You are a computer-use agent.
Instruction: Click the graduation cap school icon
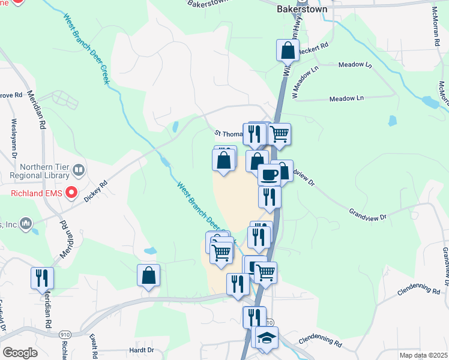pyautogui.click(x=267, y=337)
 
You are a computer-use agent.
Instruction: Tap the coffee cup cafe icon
pyautogui.click(x=269, y=174)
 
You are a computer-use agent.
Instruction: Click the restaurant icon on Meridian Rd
pyautogui.click(x=42, y=277)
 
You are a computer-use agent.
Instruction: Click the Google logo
pyautogui.click(x=20, y=353)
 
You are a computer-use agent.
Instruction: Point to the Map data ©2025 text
pyautogui.click(x=424, y=355)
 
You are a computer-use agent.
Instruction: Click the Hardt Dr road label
pyautogui.click(x=142, y=350)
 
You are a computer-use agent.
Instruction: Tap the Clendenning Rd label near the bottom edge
pyautogui.click(x=320, y=341)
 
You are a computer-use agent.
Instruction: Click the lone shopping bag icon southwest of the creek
pyautogui.click(x=148, y=275)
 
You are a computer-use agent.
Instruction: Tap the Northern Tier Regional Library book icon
pyautogui.click(x=79, y=172)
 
